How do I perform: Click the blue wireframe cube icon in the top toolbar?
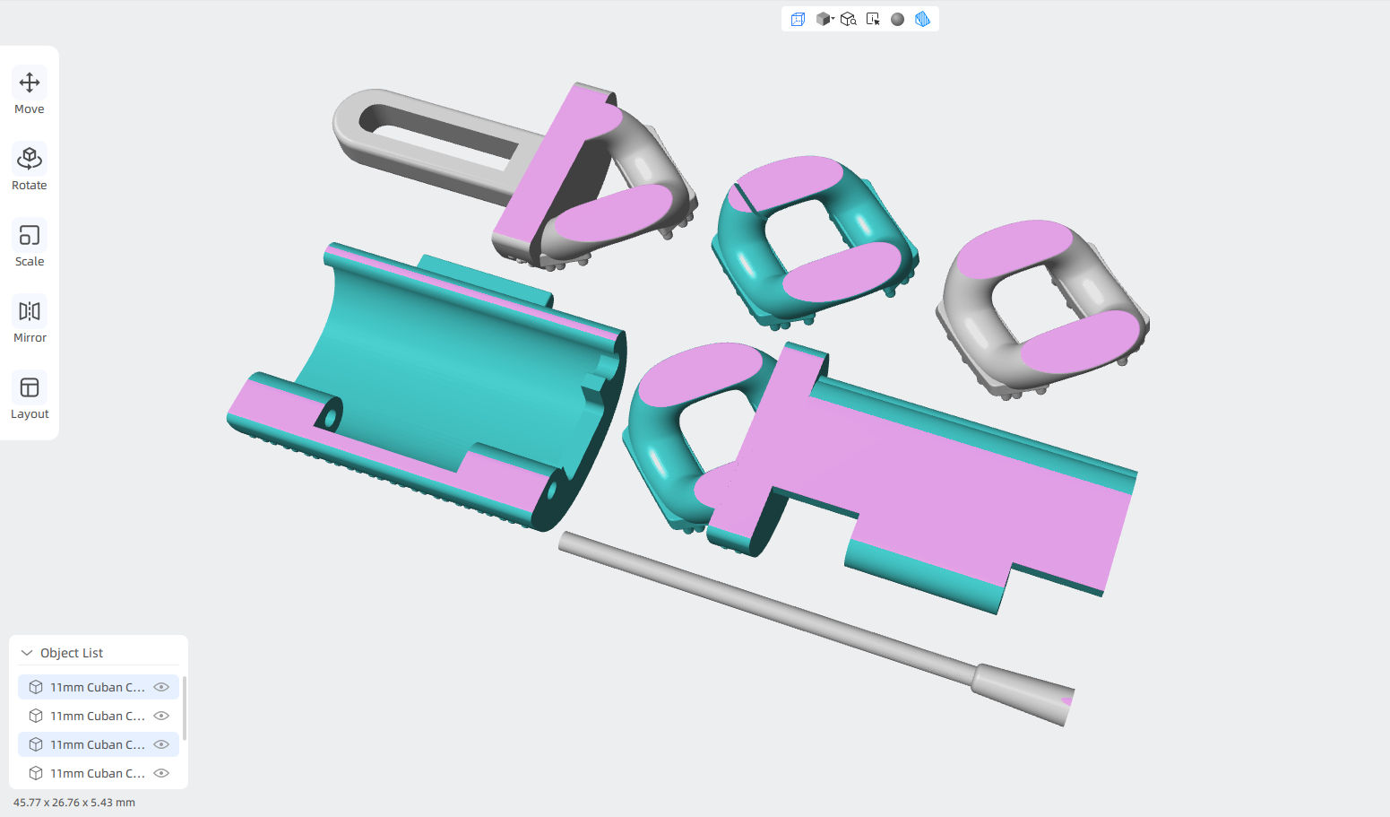(x=798, y=19)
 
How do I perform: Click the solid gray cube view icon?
(x=825, y=19)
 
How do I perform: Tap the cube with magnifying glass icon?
(x=849, y=19)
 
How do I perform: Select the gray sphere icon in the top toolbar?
(x=897, y=19)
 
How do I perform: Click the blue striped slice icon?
(x=922, y=19)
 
